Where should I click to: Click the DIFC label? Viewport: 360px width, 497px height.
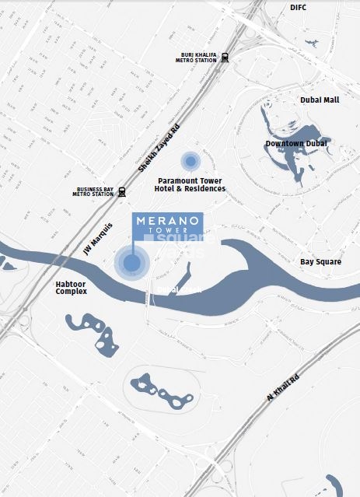point(299,7)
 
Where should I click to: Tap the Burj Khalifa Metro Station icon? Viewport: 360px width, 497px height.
point(225,56)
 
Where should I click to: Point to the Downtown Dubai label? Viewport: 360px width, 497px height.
point(296,144)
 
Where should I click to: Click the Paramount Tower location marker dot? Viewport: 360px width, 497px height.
point(190,161)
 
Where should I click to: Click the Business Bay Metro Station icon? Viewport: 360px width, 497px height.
point(122,191)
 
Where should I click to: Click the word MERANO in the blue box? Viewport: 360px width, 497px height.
point(168,220)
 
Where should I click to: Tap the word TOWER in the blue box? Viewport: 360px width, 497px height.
point(168,231)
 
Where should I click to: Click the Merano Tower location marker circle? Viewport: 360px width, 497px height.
point(131,263)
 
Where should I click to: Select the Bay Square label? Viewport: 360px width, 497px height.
point(320,262)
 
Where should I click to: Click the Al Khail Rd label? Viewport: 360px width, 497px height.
point(283,387)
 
